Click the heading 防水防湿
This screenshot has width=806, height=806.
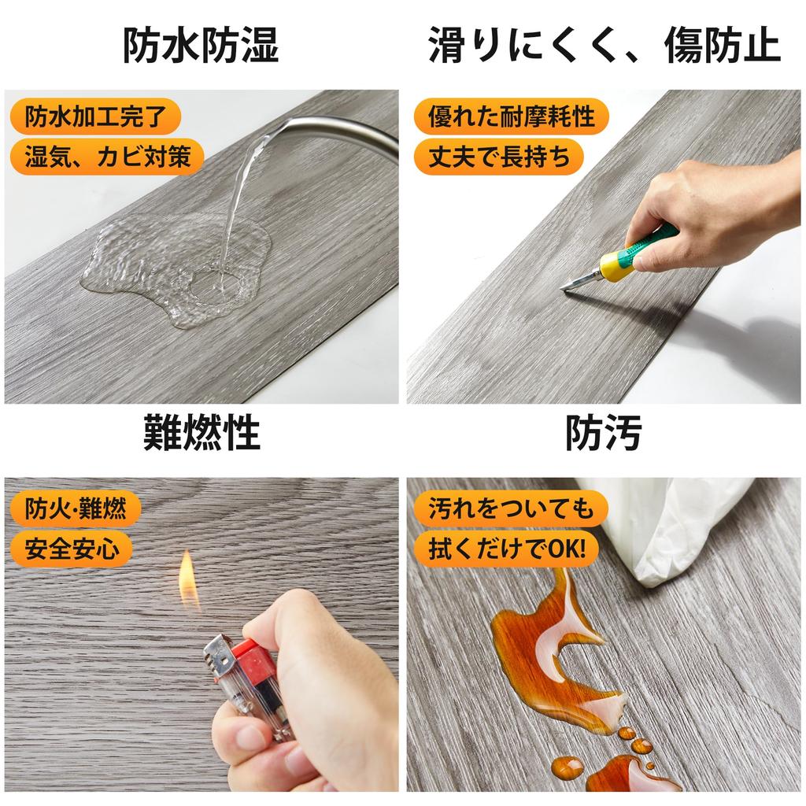tap(201, 46)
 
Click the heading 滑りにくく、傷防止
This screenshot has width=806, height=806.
tap(604, 46)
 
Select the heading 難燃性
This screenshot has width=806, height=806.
tap(201, 432)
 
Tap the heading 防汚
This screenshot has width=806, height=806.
tap(604, 432)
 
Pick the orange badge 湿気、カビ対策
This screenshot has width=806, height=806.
tap(107, 157)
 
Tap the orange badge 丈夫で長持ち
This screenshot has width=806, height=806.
tap(499, 157)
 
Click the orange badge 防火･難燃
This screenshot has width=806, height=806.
tap(75, 508)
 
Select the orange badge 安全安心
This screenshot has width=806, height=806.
tap(72, 548)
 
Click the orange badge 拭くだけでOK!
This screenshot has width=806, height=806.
tap(507, 548)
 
